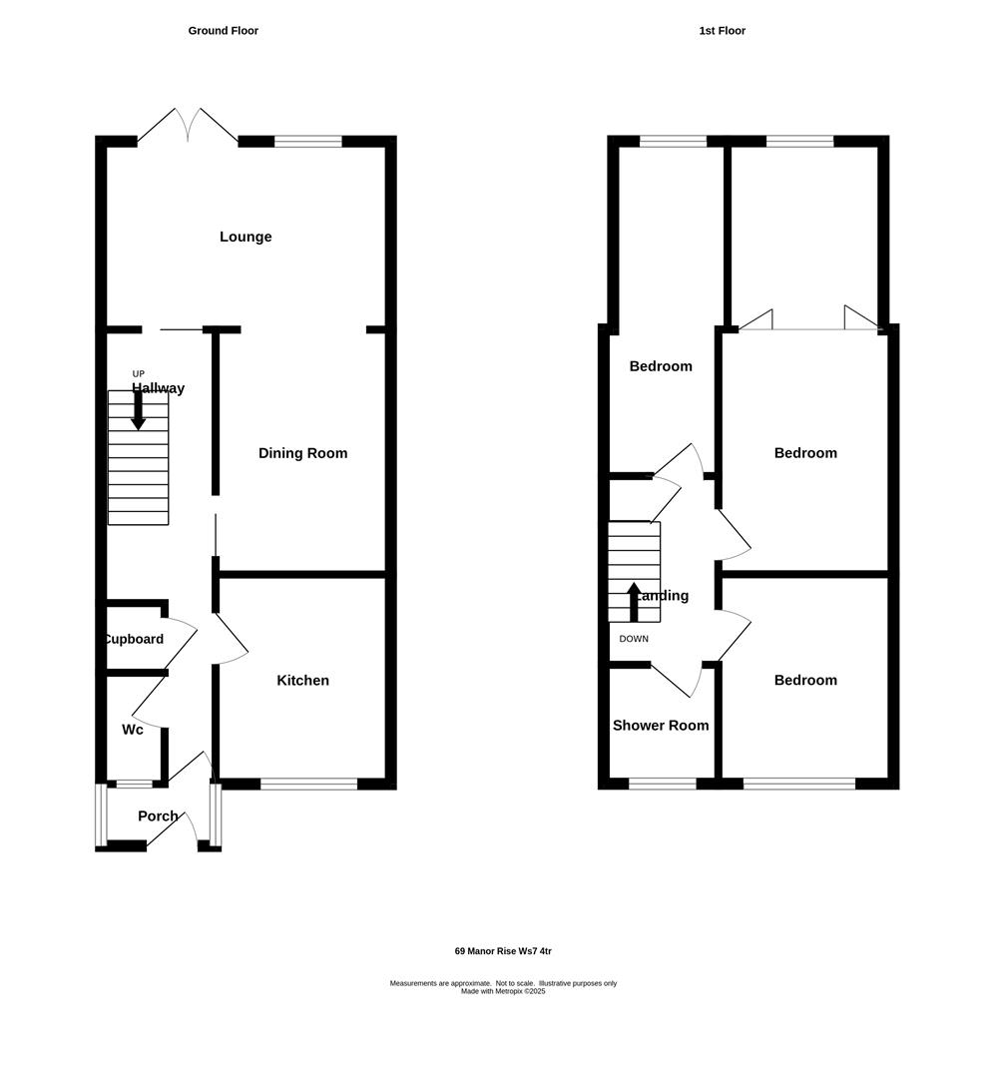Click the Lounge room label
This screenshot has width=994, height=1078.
[x=246, y=237]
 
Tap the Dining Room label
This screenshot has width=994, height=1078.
[x=302, y=453]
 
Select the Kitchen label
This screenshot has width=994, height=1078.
[x=302, y=681]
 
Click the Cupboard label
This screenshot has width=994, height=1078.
[x=133, y=639]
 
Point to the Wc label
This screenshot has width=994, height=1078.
[x=133, y=730]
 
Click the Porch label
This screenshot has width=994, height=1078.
[x=158, y=816]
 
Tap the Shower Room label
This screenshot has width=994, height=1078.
[x=661, y=726]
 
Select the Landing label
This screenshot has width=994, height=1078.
[x=662, y=596]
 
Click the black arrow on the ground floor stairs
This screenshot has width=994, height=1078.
[x=138, y=410]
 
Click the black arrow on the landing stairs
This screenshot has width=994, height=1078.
[x=634, y=602]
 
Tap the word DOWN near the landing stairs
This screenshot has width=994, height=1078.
[x=634, y=639]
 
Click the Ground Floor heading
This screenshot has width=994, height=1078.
[x=224, y=31]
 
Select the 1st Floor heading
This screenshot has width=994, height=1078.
[x=723, y=31]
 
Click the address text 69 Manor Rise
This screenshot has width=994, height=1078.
[x=503, y=951]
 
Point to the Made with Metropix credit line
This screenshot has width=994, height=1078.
[x=503, y=991]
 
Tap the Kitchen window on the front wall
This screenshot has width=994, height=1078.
[x=308, y=785]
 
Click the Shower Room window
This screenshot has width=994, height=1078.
[x=663, y=785]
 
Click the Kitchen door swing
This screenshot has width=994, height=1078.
[x=232, y=641]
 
